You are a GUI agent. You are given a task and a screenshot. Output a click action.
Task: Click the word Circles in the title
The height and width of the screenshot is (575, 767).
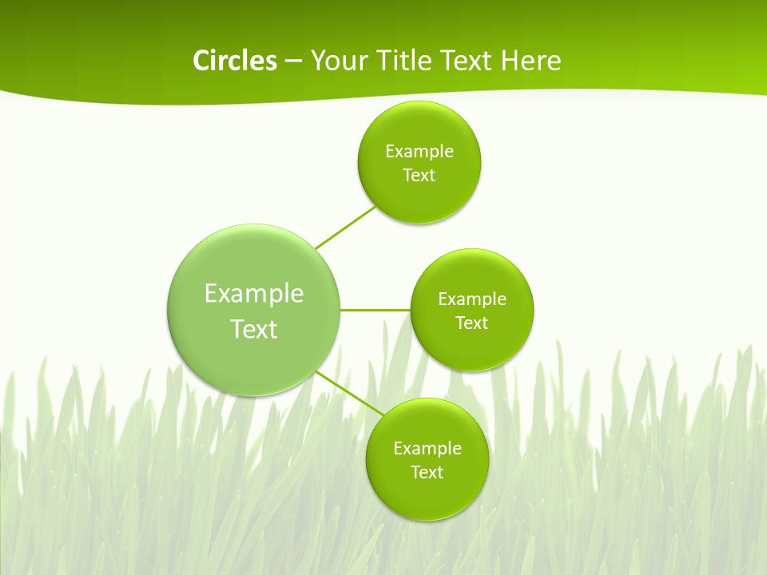[234, 60]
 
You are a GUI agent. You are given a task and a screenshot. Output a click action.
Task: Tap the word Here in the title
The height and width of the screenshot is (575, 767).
[531, 60]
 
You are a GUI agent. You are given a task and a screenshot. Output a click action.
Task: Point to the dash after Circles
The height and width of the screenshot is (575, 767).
[292, 61]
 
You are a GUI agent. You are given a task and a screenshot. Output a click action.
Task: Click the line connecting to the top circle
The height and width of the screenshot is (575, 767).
[345, 228]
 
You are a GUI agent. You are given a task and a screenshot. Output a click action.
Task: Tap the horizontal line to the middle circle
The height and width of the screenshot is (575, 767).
[375, 310]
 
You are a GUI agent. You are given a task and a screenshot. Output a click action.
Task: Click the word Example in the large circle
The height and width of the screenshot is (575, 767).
[254, 294]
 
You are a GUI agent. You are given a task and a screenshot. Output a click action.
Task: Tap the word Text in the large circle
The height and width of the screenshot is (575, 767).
[254, 329]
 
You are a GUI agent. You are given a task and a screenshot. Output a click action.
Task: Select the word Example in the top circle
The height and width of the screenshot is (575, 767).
[419, 152]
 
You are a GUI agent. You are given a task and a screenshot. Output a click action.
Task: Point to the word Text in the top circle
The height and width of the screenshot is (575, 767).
[419, 176]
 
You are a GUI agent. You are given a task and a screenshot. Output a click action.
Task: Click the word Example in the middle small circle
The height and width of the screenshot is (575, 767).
[472, 299]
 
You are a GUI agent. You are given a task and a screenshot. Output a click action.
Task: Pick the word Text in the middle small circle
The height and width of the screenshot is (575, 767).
[472, 323]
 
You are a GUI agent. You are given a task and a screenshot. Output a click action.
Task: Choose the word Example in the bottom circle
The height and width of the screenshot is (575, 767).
[427, 449]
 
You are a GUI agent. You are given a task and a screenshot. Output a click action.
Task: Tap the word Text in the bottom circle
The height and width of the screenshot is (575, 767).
[427, 473]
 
